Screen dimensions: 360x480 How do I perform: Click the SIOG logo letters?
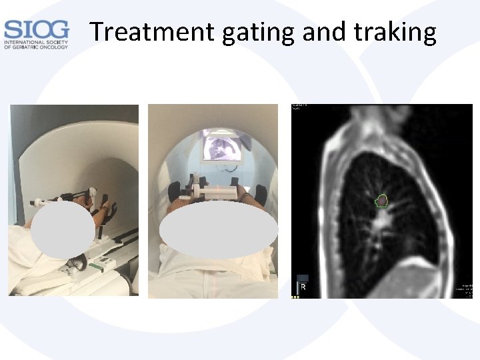click(36, 29)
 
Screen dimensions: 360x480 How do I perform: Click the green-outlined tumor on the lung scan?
click(382, 199)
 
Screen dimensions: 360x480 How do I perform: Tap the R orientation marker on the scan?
click(303, 287)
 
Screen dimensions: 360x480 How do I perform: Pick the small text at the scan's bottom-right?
click(465, 291)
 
